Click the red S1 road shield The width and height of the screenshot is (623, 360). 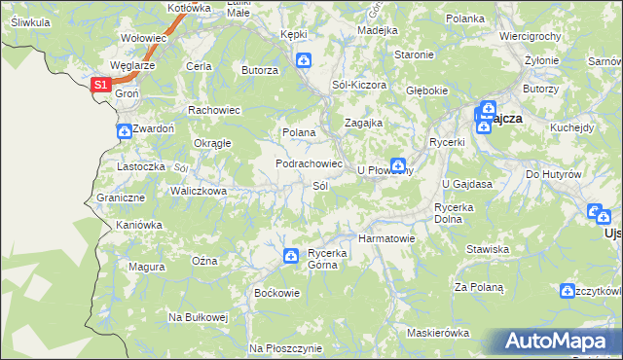point(100,86)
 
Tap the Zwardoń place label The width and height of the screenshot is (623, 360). point(155,127)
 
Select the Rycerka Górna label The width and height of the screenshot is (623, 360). point(328,258)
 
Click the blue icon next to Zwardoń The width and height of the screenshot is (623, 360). point(124,131)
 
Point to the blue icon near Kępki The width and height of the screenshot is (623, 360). point(304,61)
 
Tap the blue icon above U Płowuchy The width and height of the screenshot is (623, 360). point(397,164)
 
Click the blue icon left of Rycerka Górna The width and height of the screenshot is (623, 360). point(290,256)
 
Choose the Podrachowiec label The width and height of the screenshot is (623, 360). point(310,163)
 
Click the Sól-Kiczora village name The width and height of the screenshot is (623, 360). point(359,86)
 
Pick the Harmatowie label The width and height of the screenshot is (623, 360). point(387,237)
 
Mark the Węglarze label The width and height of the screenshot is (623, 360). point(134,65)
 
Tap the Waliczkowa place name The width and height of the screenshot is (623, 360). point(200,191)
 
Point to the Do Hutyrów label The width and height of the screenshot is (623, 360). point(553,174)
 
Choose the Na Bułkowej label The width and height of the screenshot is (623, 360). point(198,317)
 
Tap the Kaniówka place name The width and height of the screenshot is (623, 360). point(138,225)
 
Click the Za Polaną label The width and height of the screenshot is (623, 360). point(479,287)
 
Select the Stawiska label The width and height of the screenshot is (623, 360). point(488,249)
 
